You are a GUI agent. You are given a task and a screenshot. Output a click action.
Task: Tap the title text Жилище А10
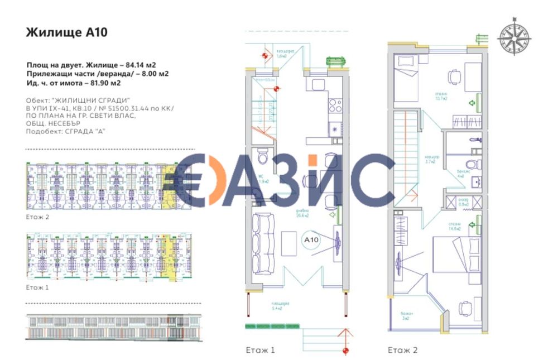pos(66,32)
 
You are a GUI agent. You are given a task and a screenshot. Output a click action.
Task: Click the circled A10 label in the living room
pos(311,240)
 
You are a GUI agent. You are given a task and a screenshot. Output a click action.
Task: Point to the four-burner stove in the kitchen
pos(335,105)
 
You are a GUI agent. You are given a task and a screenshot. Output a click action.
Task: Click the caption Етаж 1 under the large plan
pos(261,351)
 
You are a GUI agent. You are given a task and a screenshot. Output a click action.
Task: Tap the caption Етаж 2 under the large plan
pos(403,351)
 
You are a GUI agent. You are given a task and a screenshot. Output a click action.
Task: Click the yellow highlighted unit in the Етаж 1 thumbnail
pos(165,257)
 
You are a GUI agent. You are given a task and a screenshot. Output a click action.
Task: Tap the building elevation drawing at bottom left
pos(109,327)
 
